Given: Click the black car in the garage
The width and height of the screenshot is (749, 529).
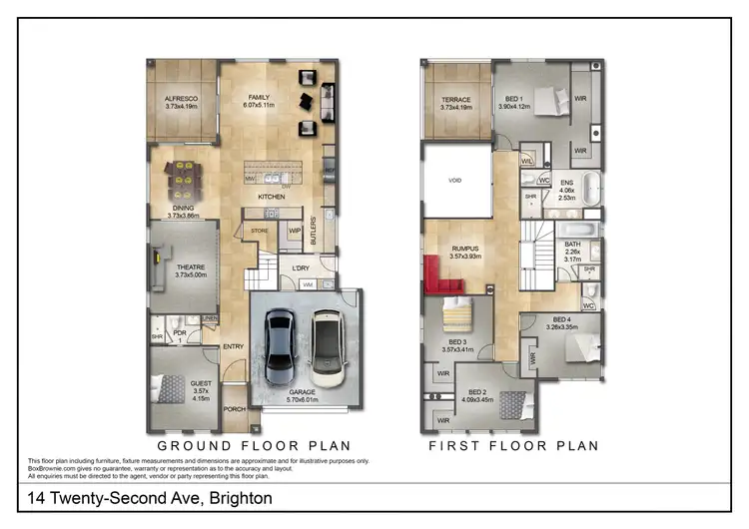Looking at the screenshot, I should [279, 339].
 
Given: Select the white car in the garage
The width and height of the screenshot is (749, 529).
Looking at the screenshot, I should [326, 340].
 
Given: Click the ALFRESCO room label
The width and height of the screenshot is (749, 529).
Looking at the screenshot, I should [181, 99].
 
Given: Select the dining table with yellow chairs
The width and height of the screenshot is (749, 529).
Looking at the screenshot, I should [183, 178].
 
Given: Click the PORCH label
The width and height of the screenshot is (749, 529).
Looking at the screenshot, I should [234, 408].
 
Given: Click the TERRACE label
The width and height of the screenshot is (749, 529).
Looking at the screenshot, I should [455, 99].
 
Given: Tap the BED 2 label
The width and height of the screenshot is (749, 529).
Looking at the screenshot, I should [476, 392].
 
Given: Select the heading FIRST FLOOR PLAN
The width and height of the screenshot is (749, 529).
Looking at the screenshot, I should [514, 445].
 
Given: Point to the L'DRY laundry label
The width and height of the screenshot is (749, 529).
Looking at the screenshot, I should [299, 268].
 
